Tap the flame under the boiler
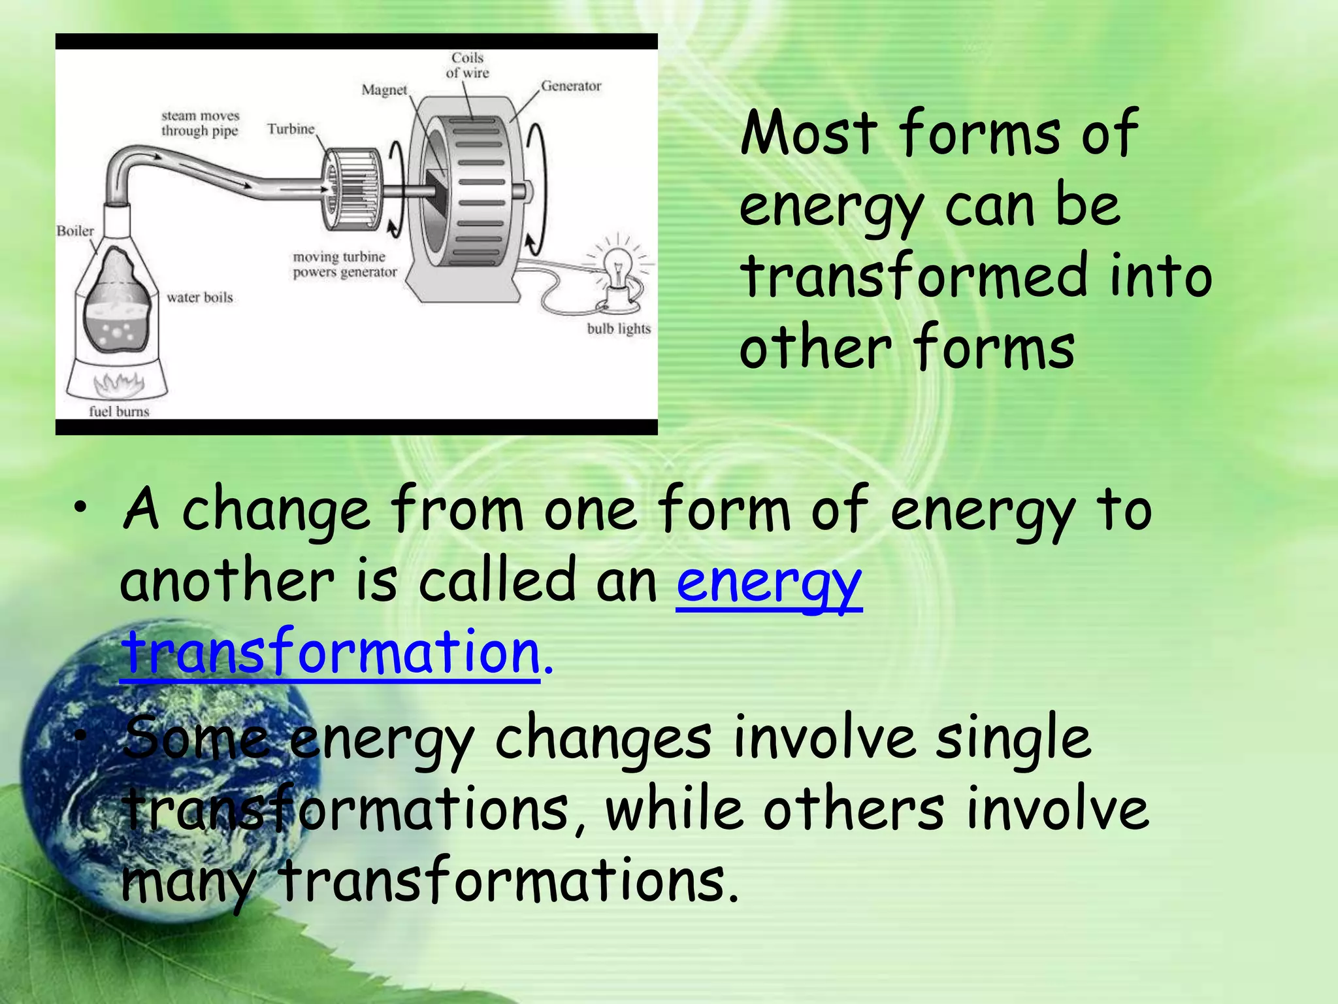(120, 384)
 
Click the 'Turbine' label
(291, 129)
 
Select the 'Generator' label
(570, 86)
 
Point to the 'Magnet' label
(384, 90)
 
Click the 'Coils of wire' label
(467, 65)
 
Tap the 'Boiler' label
(75, 231)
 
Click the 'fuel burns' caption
(119, 411)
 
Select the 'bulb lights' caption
(619, 328)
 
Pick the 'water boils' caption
(199, 297)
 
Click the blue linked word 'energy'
(769, 582)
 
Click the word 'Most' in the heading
(809, 133)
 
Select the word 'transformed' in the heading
(915, 276)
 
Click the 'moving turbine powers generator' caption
(344, 265)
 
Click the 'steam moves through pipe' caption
(200, 123)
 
